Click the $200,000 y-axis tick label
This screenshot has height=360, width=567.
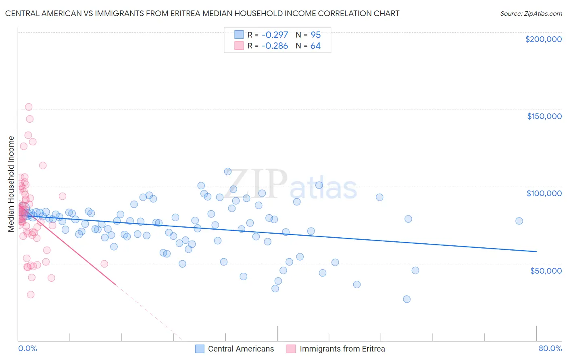[543, 39]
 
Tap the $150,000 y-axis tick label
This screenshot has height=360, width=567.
[544, 116]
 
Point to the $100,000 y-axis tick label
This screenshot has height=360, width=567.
[544, 193]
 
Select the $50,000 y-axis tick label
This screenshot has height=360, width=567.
[546, 270]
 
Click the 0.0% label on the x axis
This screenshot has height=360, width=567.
[27, 348]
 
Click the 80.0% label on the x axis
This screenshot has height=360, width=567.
[550, 348]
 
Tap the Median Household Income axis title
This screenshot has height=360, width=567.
[11, 184]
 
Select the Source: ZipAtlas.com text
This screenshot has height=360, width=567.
[531, 13]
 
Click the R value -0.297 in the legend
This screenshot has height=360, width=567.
[275, 35]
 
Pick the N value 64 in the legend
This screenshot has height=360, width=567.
[315, 46]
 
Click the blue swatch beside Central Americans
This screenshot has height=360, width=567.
[200, 349]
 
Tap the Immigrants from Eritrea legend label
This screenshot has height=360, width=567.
[342, 349]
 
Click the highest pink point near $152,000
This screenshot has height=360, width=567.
[29, 107]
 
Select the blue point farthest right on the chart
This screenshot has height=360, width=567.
[519, 221]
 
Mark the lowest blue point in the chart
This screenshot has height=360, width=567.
[406, 299]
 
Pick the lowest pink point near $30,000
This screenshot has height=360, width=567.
[31, 295]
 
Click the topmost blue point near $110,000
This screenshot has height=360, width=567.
[228, 172]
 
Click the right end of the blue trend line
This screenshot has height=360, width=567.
[536, 251]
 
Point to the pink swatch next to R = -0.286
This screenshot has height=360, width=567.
[239, 46]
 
